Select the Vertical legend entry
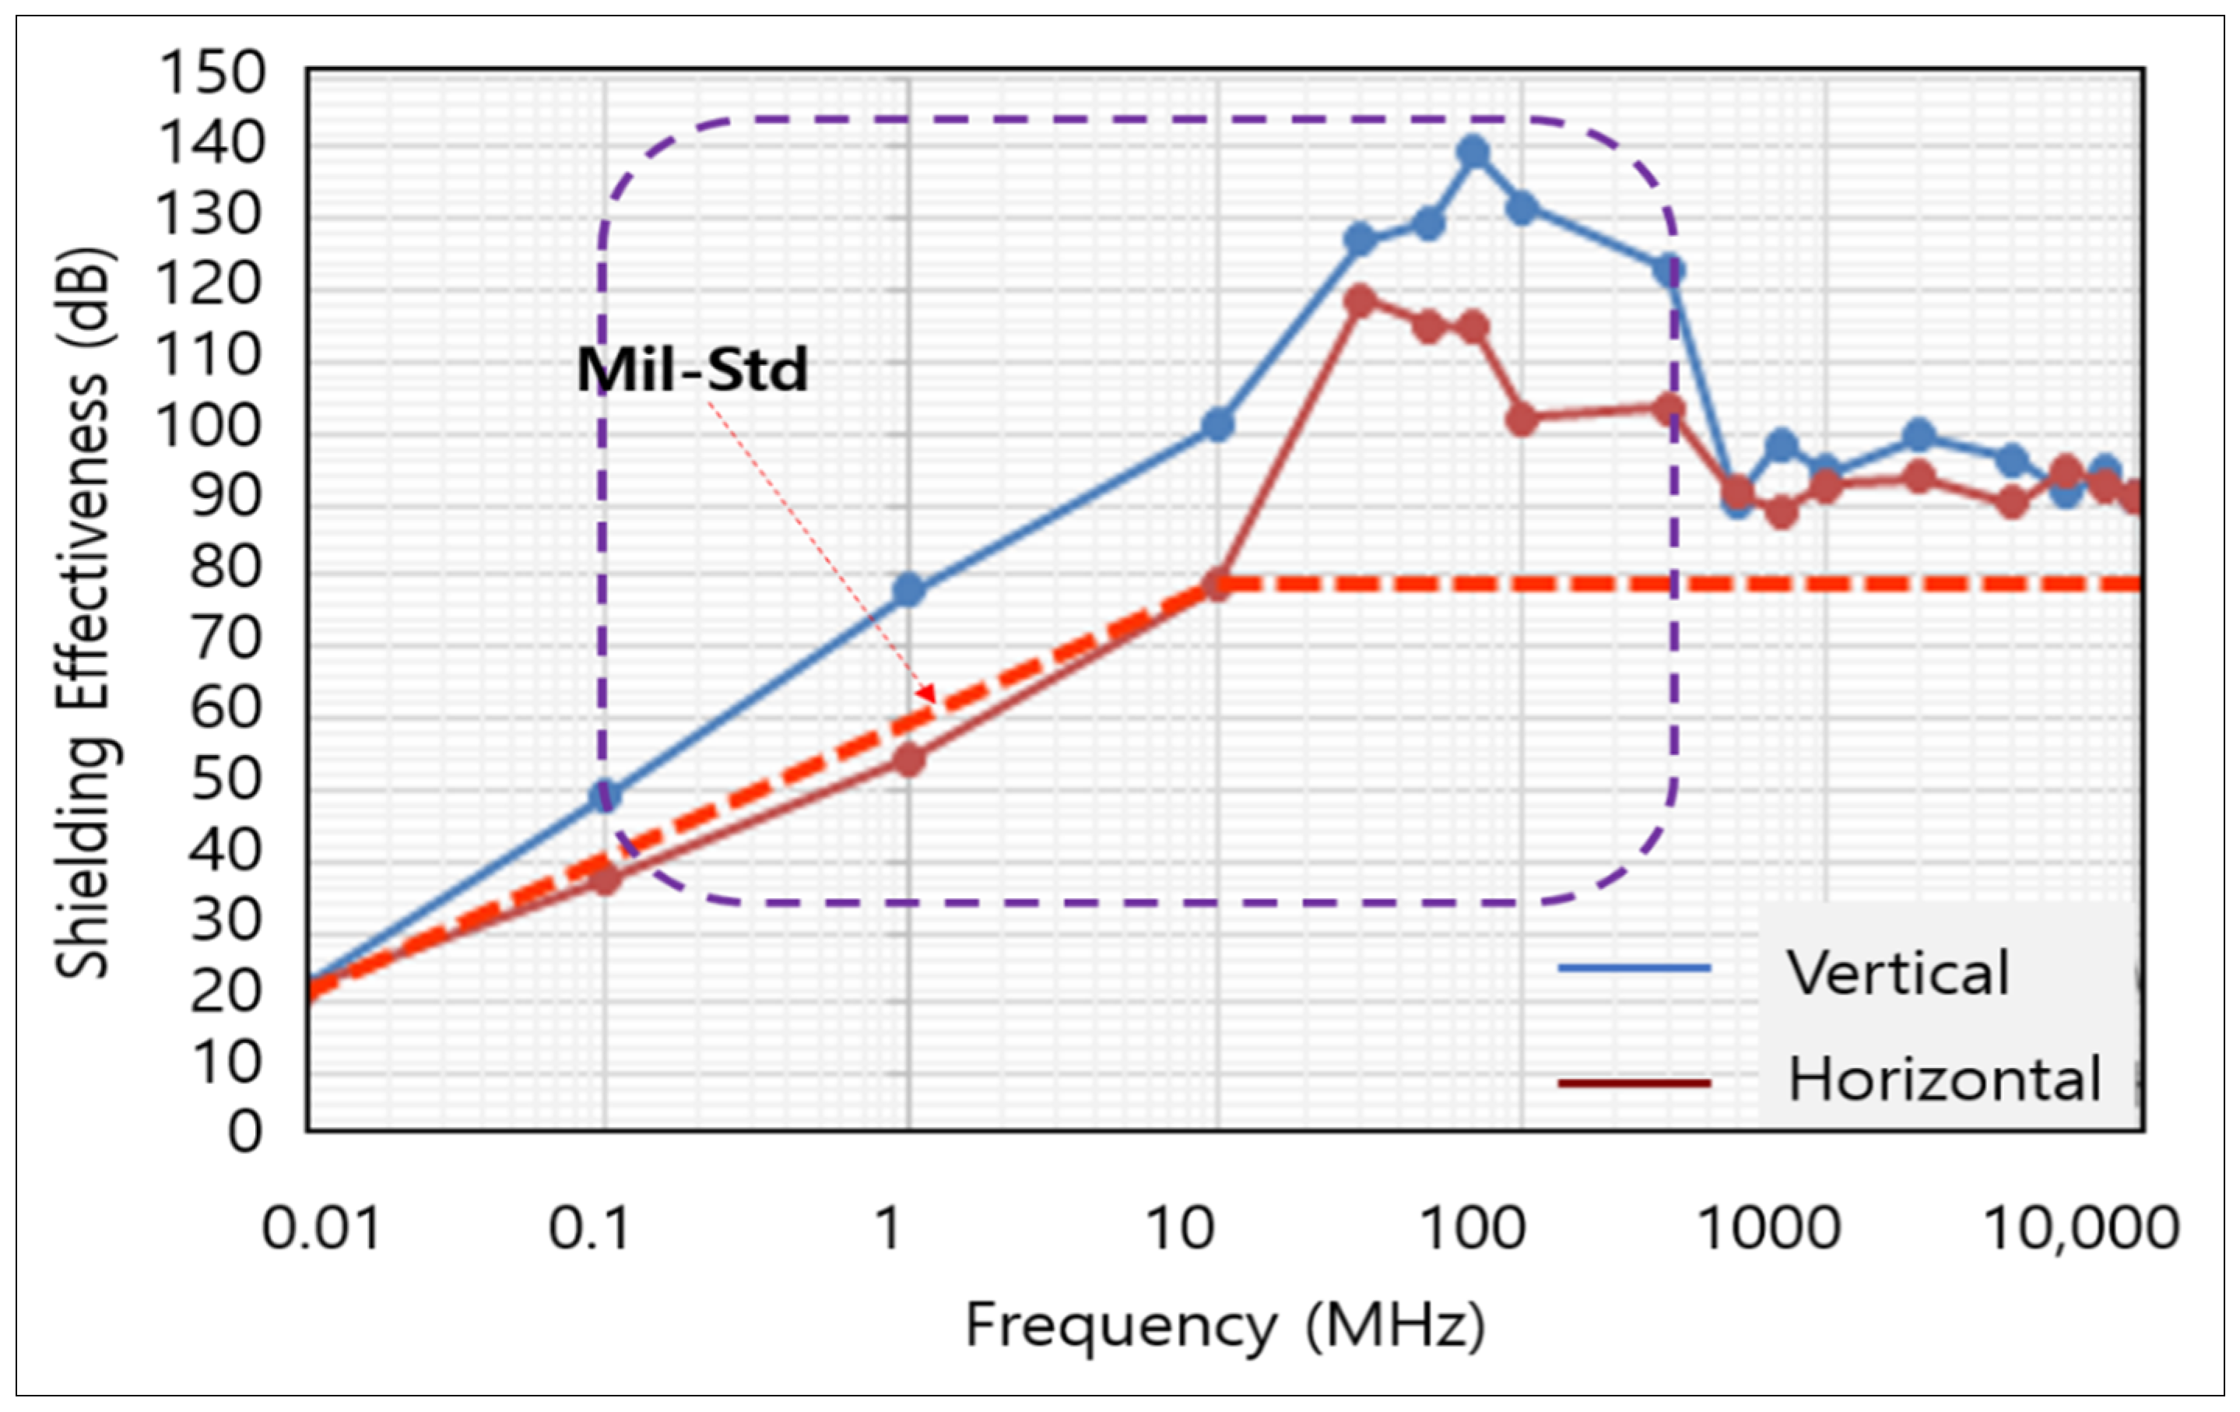tap(1898, 974)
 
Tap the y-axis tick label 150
tap(212, 73)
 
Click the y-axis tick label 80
tap(228, 567)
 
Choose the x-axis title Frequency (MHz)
tap(1224, 1325)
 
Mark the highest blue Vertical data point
tap(1473, 151)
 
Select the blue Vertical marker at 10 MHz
tap(1217, 425)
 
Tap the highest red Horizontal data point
tap(1360, 300)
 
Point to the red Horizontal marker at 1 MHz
tap(909, 760)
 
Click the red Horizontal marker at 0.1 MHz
tap(605, 879)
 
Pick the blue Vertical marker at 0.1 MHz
tap(605, 796)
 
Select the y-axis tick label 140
tap(212, 144)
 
